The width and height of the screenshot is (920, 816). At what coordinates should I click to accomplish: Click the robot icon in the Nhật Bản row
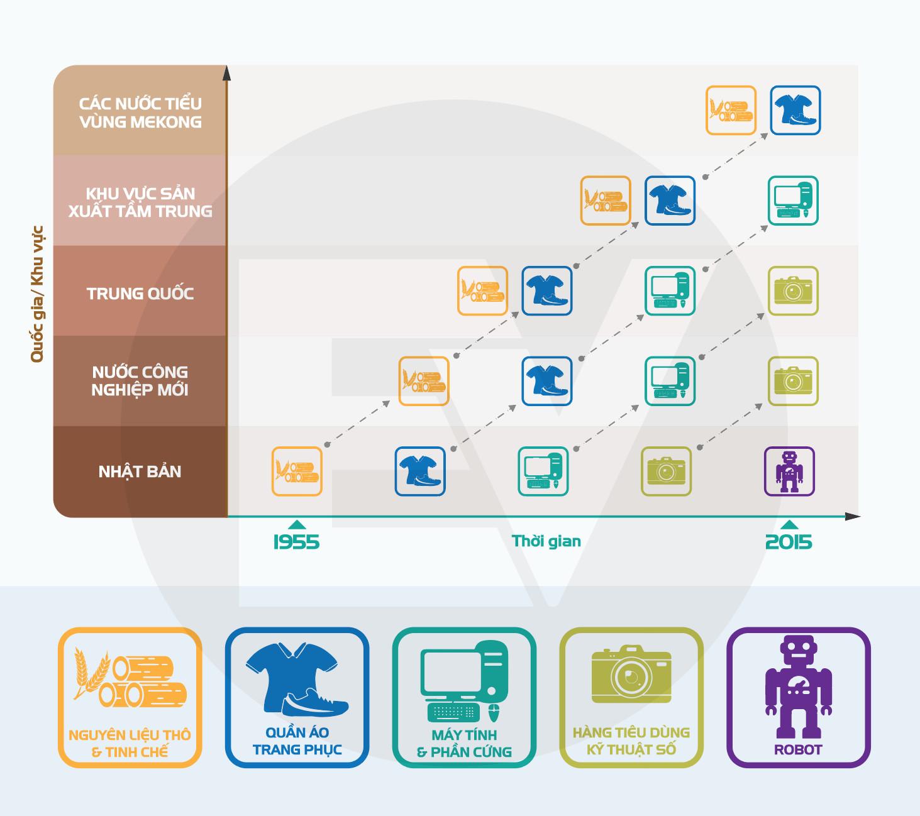pos(789,471)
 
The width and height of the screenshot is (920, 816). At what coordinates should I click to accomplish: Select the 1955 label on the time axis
pos(296,542)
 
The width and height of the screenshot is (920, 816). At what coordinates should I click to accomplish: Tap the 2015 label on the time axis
pos(789,542)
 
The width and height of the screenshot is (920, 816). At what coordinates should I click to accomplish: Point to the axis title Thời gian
pos(546,541)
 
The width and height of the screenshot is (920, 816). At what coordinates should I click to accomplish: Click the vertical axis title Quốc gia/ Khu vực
pos(37,294)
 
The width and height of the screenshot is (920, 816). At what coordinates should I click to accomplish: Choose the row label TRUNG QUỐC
pos(140,294)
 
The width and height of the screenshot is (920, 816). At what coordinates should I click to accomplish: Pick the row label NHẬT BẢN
pos(140,471)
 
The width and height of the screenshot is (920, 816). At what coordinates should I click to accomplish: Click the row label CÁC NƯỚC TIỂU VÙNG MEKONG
pos(140,113)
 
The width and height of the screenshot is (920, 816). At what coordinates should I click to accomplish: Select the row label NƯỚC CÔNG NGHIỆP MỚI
pos(140,381)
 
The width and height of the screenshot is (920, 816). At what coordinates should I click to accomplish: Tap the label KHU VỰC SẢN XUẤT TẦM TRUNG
pos(140,202)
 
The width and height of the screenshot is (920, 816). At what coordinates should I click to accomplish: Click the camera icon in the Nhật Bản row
pos(666,471)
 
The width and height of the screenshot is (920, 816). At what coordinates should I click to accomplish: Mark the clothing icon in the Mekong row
pos(795,110)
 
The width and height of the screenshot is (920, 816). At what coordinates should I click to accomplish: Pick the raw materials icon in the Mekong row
pos(731,110)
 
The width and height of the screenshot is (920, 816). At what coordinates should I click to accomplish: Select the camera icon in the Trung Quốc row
pos(793,291)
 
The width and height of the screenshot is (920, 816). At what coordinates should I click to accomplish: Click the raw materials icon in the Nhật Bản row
pos(297,471)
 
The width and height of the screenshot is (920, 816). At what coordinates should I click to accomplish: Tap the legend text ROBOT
pos(798,749)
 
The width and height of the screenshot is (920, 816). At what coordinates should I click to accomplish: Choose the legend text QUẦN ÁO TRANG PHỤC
pos(297,741)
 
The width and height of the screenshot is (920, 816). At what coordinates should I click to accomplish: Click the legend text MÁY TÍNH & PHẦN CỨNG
pos(464,743)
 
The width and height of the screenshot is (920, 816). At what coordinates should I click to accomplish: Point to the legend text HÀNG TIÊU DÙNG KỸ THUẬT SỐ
pos(631,741)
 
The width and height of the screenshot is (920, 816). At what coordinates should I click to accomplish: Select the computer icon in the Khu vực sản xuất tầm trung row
pos(793,201)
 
